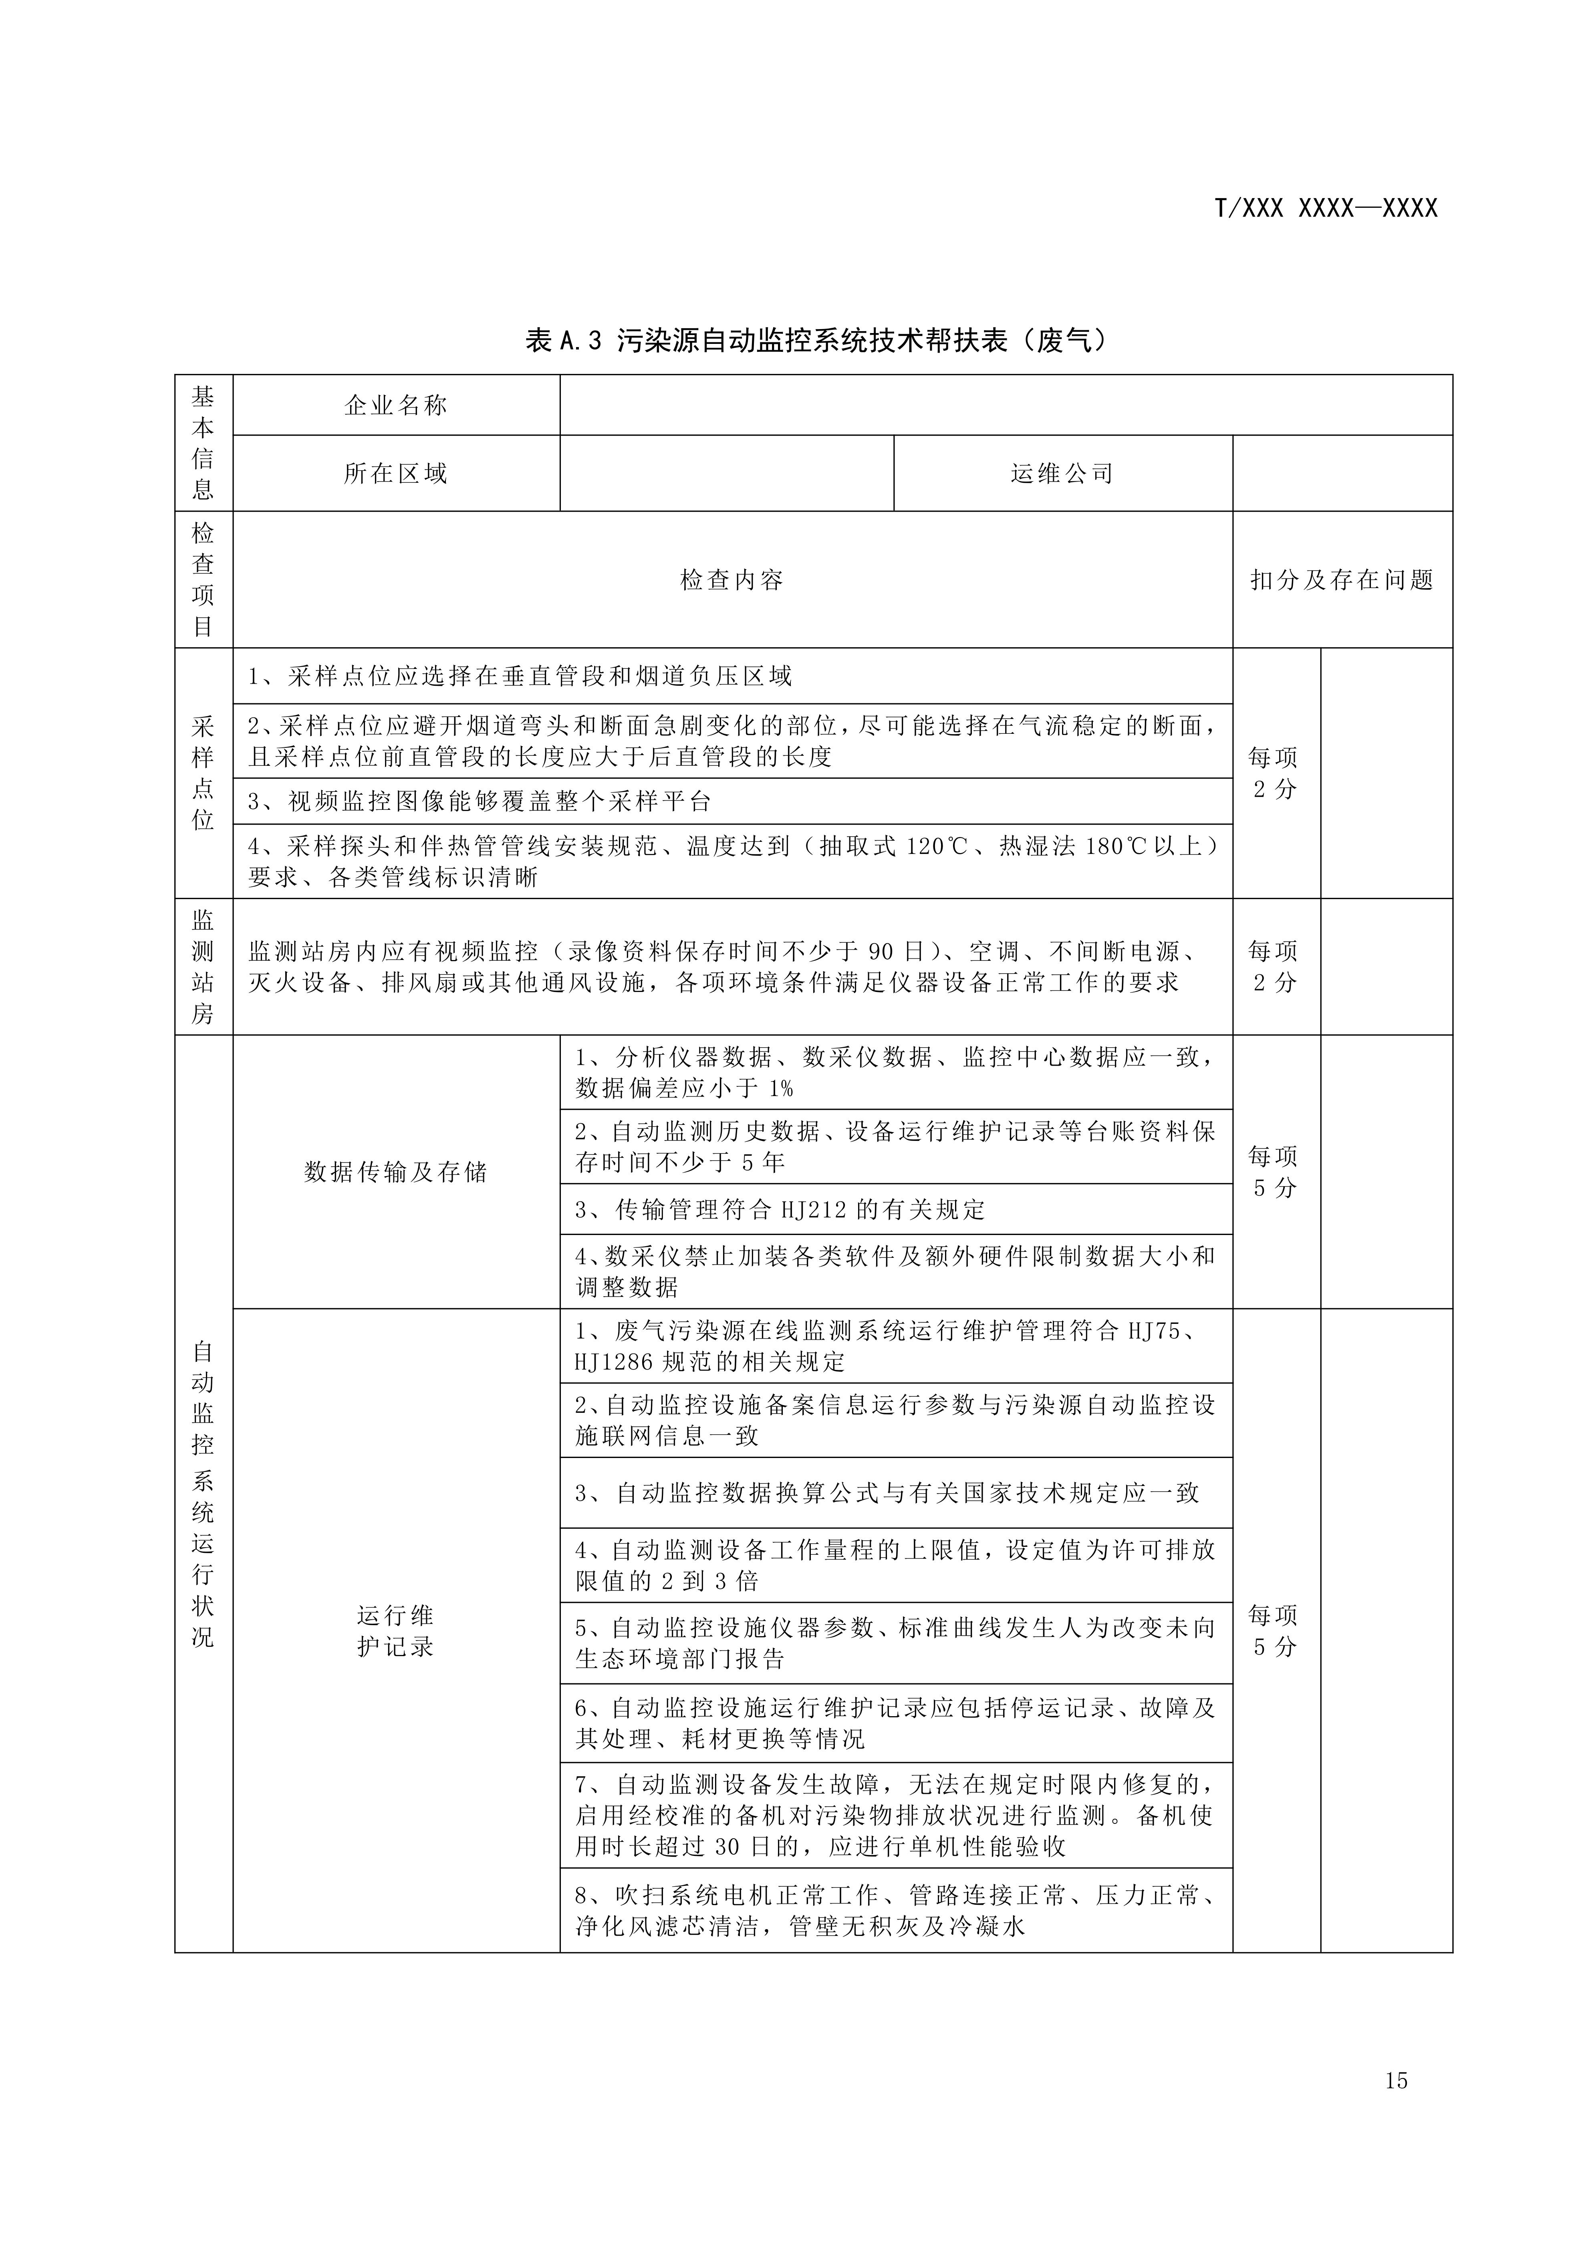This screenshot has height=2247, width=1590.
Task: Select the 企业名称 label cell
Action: click(395, 405)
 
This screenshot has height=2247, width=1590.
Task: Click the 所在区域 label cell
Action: click(395, 474)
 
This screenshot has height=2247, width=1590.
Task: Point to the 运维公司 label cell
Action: click(1062, 474)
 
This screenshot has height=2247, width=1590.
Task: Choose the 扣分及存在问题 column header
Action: click(1341, 580)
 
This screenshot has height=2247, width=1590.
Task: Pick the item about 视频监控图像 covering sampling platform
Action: click(480, 801)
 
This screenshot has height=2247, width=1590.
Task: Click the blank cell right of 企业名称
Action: click(1006, 405)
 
